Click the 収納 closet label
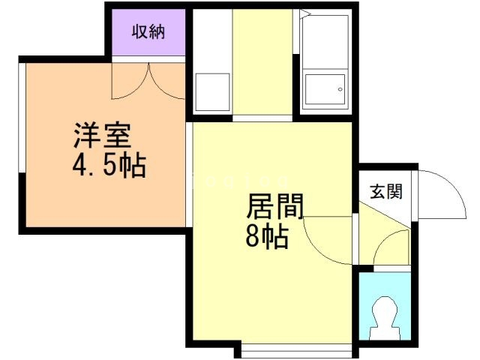(x=148, y=32)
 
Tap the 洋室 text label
(x=103, y=137)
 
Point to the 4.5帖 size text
(x=109, y=165)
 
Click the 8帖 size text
(x=266, y=237)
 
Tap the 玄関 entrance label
(x=385, y=190)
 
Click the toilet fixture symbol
(x=384, y=316)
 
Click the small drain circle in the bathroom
(x=340, y=91)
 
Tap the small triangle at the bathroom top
(x=305, y=13)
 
